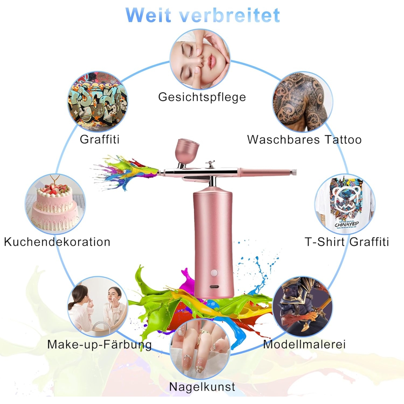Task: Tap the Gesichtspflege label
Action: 202,97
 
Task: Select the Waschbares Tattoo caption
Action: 304,140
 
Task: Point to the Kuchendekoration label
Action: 57,242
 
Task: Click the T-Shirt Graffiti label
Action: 347,242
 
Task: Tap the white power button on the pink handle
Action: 214,273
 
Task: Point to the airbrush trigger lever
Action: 210,164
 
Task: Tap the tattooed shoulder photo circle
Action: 303,102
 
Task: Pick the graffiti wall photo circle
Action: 98,102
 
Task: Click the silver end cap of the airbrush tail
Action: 294,172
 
